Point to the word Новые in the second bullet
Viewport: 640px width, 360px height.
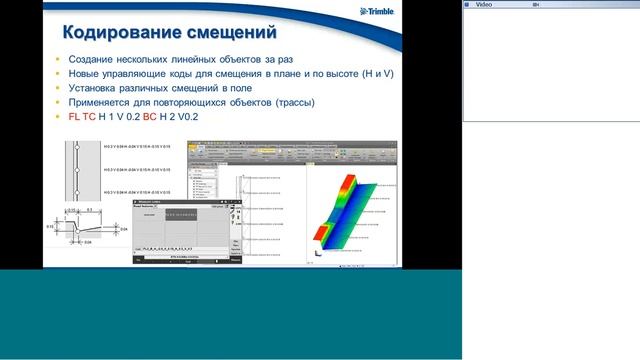(x=84, y=75)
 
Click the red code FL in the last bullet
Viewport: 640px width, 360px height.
(x=75, y=117)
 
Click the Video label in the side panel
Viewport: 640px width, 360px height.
(x=483, y=4)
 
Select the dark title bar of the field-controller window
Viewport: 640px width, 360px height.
(x=186, y=203)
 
